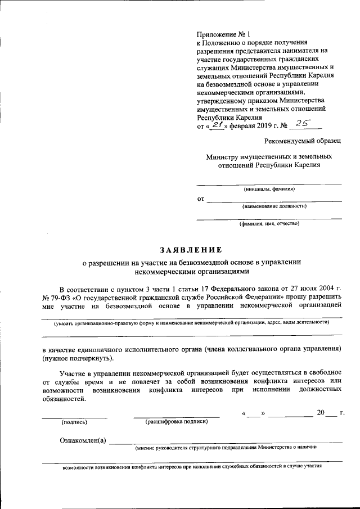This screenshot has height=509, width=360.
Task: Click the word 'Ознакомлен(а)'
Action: pos(83,439)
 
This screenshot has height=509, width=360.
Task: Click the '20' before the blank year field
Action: pos(321,413)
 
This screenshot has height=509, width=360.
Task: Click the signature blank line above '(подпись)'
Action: pos(74,417)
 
